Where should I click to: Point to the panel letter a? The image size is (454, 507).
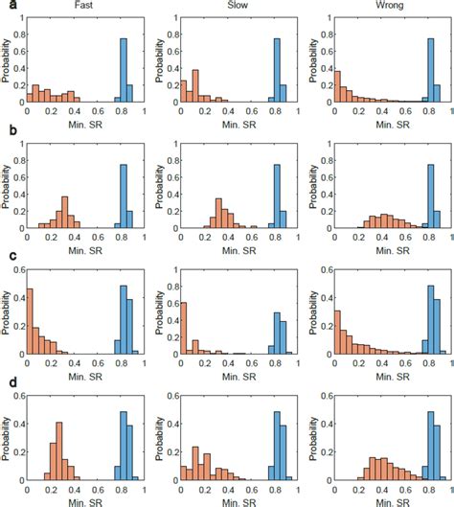6,8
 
